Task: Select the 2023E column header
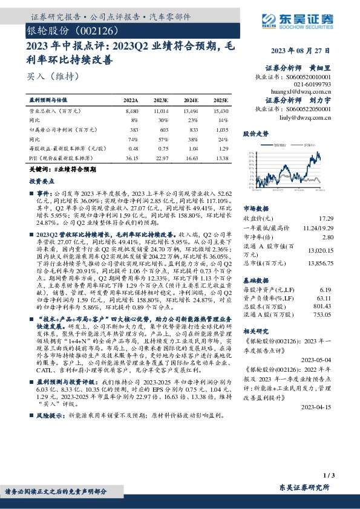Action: click(x=160, y=100)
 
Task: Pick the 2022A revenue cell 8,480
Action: click(x=131, y=112)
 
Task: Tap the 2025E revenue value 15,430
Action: click(x=220, y=112)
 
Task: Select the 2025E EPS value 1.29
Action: click(x=222, y=148)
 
